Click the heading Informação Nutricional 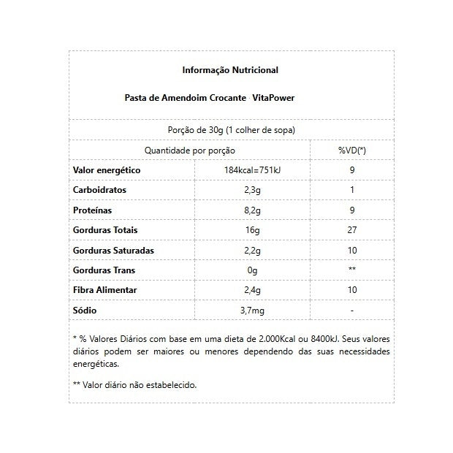229,71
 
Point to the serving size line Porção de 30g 231,130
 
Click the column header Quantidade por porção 190,151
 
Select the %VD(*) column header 351,151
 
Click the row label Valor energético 107,170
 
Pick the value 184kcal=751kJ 253,170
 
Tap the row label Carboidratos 100,190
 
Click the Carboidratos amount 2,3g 253,190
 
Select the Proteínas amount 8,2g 253,210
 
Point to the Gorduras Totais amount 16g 253,230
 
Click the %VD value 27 351,230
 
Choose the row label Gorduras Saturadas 113,251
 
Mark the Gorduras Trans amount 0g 253,270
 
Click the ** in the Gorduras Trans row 351,270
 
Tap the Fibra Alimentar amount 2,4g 253,290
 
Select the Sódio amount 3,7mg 253,311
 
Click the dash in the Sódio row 351,311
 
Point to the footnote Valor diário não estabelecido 139,384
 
